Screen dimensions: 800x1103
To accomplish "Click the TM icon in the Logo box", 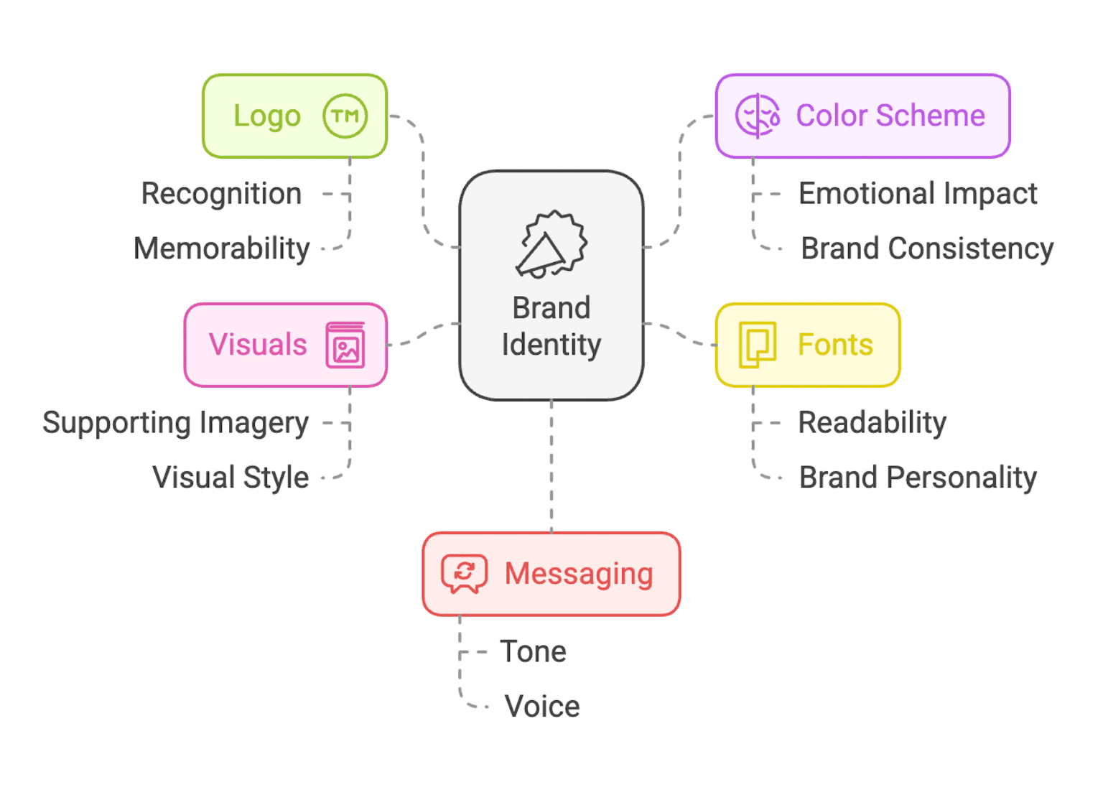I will [x=345, y=116].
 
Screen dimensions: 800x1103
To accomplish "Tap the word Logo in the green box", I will [x=267, y=116].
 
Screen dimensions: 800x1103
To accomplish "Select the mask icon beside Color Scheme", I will [x=757, y=116].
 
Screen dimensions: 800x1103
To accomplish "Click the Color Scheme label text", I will [x=890, y=116].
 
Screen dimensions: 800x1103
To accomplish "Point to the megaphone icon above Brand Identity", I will [x=551, y=245].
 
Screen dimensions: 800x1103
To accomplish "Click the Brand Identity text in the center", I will [x=551, y=327].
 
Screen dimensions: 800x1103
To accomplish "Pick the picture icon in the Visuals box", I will [x=345, y=345].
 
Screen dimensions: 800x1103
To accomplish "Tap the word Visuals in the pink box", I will [x=258, y=345].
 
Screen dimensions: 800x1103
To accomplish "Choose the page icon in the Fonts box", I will [x=758, y=345].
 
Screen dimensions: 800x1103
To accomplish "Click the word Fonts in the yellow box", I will [x=835, y=345].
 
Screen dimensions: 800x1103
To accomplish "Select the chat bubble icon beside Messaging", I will [x=464, y=574].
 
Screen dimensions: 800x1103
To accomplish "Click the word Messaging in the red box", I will [x=579, y=574].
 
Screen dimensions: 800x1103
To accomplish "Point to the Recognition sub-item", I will [x=221, y=194].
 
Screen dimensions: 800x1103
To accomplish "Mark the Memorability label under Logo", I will [x=222, y=248].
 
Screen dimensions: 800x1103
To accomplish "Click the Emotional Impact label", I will [x=918, y=194].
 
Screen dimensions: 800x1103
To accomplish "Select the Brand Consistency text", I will [x=927, y=248].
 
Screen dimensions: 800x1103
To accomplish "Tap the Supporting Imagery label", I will [x=176, y=423].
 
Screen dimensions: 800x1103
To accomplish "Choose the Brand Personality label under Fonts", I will [x=918, y=478].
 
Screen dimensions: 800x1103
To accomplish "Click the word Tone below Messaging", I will [x=534, y=652].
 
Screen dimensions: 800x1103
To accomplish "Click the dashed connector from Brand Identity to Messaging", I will [x=551, y=467].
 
